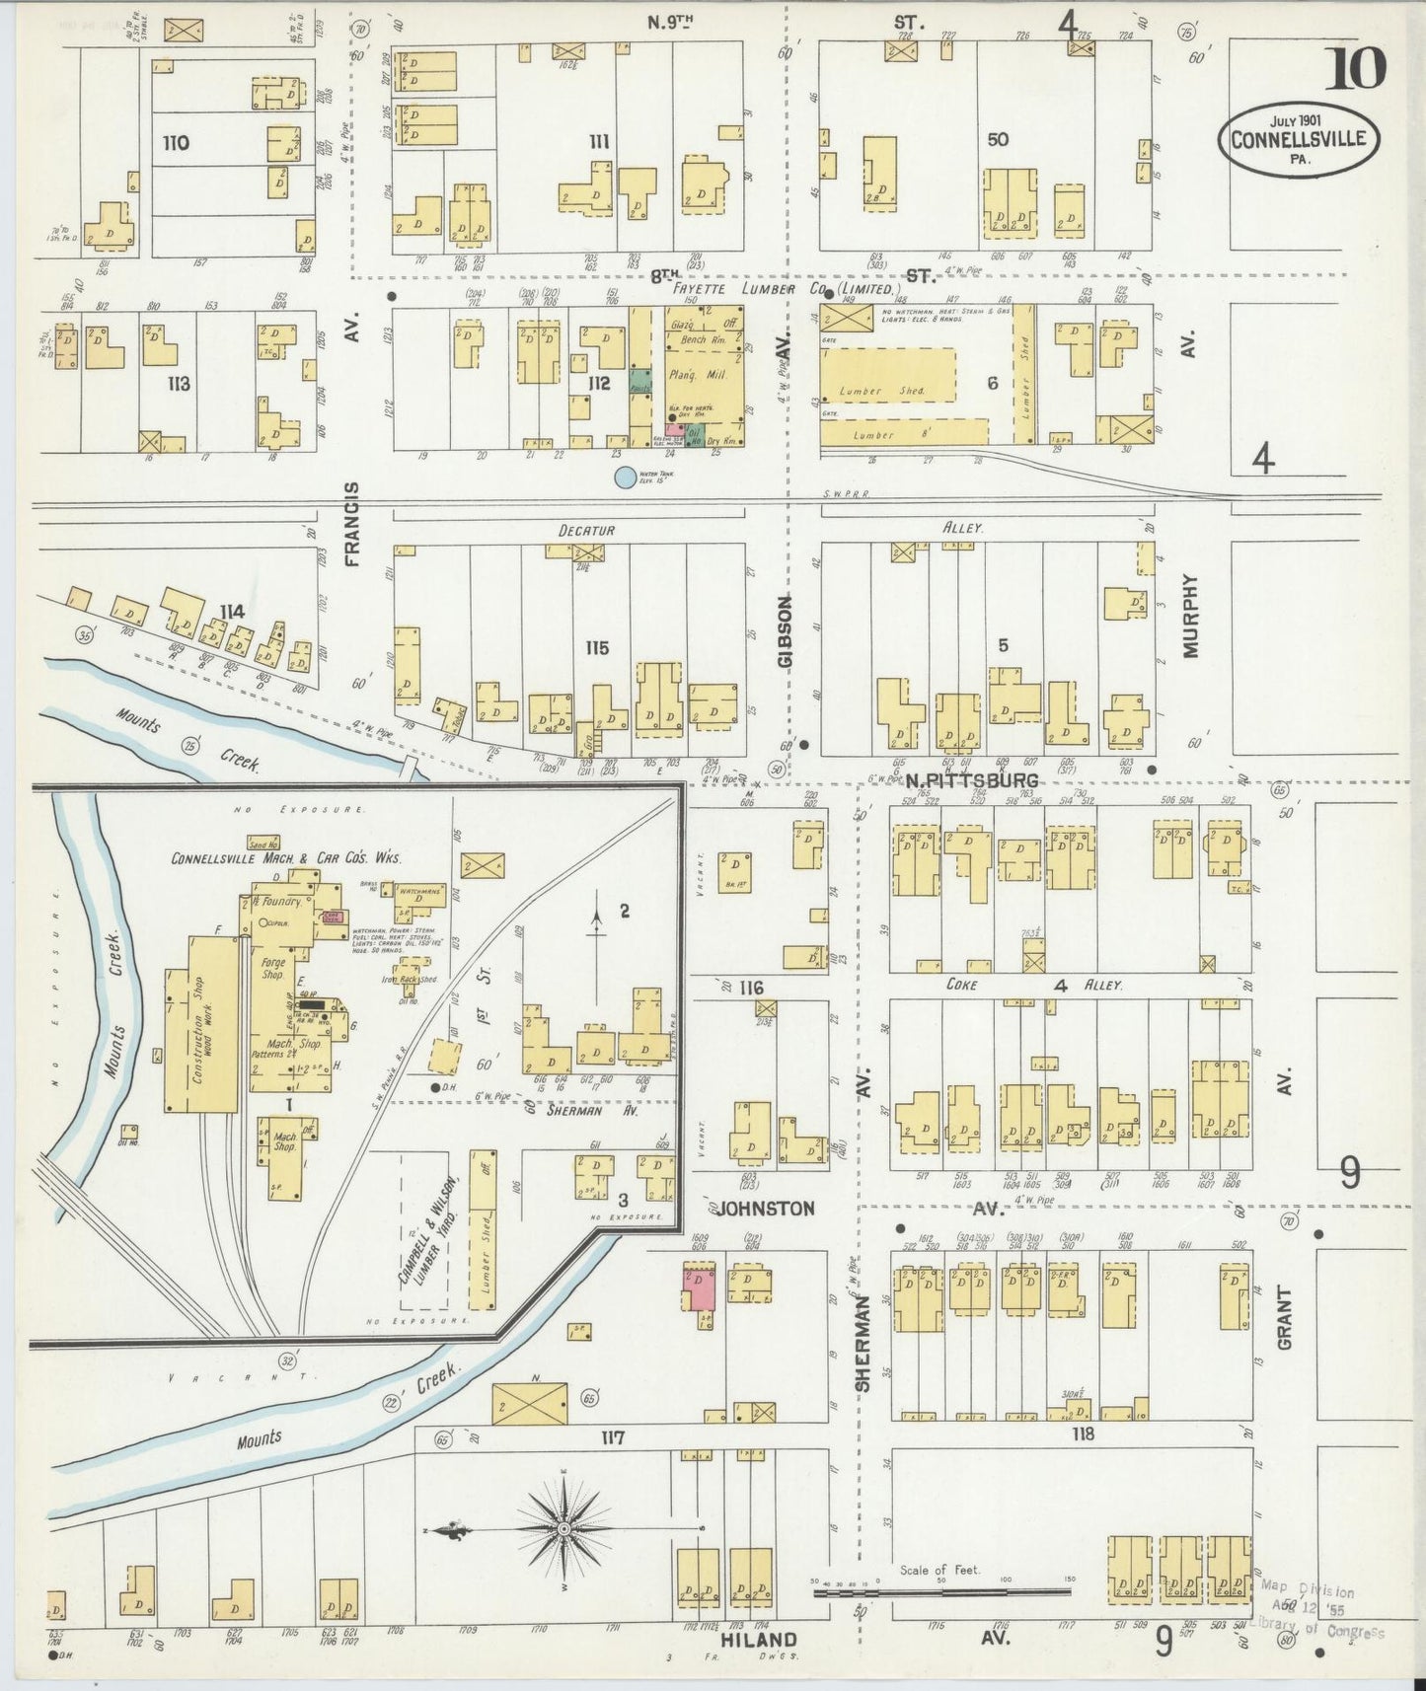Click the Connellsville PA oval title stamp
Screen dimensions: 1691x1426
pyautogui.click(x=1298, y=139)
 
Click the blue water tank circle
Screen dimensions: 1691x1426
pyautogui.click(x=625, y=478)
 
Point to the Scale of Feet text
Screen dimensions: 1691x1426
pyautogui.click(x=938, y=1570)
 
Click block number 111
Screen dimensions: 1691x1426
pyautogui.click(x=598, y=142)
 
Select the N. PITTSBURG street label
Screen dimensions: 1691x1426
pyautogui.click(x=971, y=781)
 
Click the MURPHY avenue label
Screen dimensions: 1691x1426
pyautogui.click(x=1190, y=617)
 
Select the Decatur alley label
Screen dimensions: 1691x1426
pyautogui.click(x=586, y=531)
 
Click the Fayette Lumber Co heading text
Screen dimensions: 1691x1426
pyautogui.click(x=786, y=289)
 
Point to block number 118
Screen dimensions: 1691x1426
pyautogui.click(x=1083, y=1434)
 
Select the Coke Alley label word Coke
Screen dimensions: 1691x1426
pyautogui.click(x=961, y=984)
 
